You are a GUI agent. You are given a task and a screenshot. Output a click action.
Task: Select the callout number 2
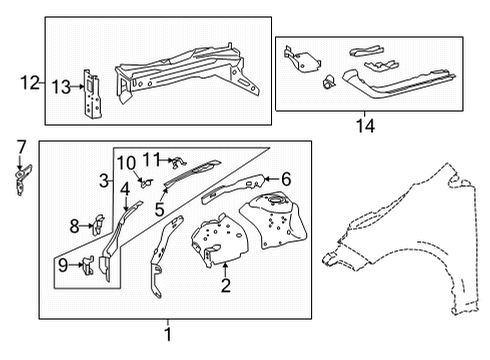(226, 286)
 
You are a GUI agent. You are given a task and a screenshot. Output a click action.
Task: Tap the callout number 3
(103, 180)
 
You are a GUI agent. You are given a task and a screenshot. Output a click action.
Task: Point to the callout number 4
(125, 188)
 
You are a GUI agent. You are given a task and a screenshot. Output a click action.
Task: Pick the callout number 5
(159, 208)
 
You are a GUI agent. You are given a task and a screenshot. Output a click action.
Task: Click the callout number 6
(286, 179)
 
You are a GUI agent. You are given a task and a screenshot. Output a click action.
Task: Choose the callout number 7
(20, 148)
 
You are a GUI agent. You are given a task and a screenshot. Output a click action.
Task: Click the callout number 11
(151, 158)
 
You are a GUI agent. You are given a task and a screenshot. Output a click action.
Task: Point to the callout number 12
(30, 82)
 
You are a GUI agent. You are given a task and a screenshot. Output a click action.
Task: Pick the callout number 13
(62, 88)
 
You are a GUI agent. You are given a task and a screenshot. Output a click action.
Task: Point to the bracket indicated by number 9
(89, 268)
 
